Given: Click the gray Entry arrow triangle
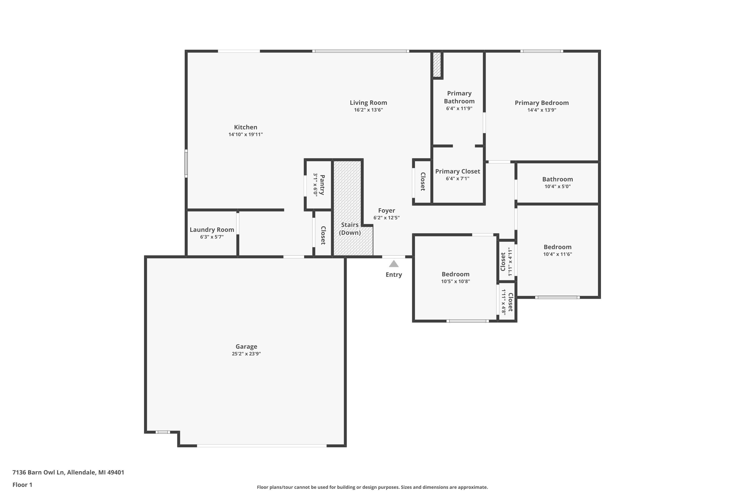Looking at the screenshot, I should coord(393,264).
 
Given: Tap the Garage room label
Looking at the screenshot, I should coord(246,346).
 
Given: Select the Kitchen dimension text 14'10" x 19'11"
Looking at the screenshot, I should coord(246,134).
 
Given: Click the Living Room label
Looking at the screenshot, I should coord(368,103).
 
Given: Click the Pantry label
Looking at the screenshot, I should coord(322,185).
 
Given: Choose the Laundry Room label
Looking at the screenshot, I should coord(212,230).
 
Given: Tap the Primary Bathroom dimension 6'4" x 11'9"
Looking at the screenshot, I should coord(459,108).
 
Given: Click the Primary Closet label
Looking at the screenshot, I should coord(457,171).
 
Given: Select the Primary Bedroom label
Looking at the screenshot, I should coord(541,103).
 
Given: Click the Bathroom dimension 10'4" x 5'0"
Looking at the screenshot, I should coord(557,186).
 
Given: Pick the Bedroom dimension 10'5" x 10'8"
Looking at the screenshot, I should coord(455,282).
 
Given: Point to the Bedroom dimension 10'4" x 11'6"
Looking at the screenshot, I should coord(557,254).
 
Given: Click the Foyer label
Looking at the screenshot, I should coord(386,210).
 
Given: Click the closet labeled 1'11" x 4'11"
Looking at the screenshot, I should coord(506,261).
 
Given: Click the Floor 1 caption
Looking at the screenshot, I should coord(22,485).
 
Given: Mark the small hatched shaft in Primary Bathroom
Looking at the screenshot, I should coord(437,64).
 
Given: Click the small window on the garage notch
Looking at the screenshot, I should coord(162,432).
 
